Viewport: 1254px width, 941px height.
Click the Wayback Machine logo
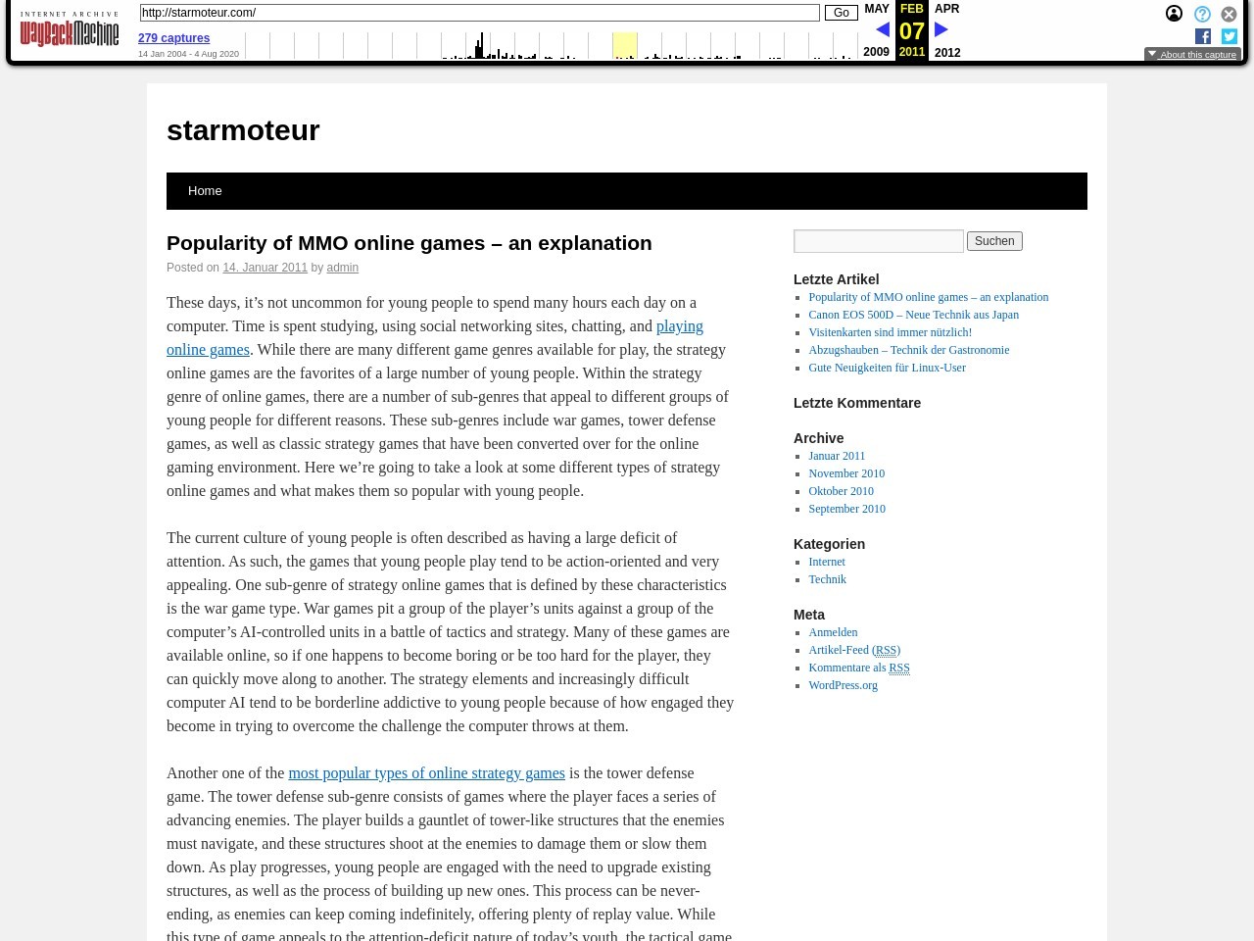coord(69,29)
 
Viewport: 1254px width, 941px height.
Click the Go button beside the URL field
coord(841,13)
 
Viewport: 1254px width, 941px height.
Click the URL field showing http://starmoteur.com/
coord(479,13)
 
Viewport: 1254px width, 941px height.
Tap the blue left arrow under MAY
coord(882,30)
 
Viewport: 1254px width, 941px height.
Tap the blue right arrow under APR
coord(941,30)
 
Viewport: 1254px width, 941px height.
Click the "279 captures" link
coord(173,38)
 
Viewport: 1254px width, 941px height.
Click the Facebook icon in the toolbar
coord(1203,36)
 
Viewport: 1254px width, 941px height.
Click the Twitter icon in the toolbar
coord(1230,36)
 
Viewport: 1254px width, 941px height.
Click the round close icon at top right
coord(1229,14)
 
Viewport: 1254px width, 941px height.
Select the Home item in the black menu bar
coord(205,191)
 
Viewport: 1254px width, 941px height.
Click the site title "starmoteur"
coord(243,130)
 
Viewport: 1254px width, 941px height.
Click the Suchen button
coord(994,241)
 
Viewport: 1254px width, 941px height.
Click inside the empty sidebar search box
coord(878,241)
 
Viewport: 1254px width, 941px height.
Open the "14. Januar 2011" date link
coord(265,268)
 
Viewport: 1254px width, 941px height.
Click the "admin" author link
coord(342,268)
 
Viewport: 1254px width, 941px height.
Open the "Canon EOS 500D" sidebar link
coord(913,315)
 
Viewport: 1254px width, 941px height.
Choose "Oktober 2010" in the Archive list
coord(841,491)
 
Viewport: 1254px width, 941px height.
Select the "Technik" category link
coord(827,579)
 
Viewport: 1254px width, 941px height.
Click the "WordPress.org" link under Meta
coord(843,685)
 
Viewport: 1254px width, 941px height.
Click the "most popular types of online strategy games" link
coord(426,773)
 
